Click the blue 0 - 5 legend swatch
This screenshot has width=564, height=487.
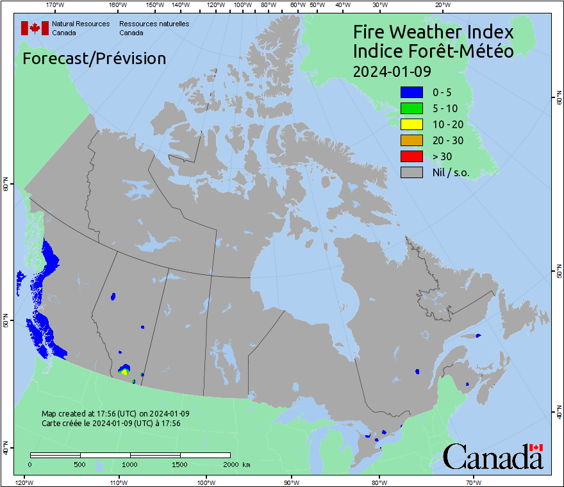click(x=411, y=92)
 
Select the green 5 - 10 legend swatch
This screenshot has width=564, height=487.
click(x=411, y=108)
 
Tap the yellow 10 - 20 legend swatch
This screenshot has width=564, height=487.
click(x=411, y=124)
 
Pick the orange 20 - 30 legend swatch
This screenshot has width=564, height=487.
click(x=411, y=140)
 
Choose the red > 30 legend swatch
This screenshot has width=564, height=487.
click(x=411, y=156)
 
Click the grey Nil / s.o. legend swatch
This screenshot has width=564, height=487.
click(x=411, y=172)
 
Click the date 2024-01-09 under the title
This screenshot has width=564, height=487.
click(x=392, y=70)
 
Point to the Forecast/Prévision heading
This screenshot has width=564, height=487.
click(x=94, y=58)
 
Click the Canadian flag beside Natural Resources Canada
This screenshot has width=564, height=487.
click(x=35, y=28)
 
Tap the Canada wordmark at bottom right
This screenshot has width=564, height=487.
click(x=493, y=456)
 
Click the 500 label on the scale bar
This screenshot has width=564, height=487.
click(x=80, y=464)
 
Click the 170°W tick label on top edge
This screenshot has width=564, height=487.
click(x=56, y=5)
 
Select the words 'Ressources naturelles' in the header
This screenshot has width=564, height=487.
click(x=154, y=24)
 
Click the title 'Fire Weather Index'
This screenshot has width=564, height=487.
click(x=433, y=32)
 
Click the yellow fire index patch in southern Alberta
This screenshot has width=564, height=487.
click(x=124, y=372)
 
